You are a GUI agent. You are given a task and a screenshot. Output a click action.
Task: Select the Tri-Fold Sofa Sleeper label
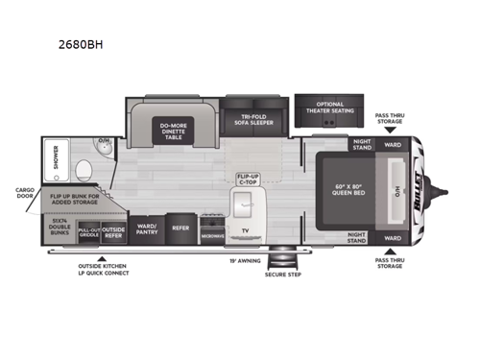(252, 122)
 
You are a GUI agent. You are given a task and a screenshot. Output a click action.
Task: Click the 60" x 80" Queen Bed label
(345, 189)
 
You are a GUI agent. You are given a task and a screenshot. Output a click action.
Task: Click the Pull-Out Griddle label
(89, 231)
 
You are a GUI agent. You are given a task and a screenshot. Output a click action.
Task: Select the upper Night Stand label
(361, 146)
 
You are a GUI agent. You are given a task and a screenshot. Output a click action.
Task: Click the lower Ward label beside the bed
(393, 237)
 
